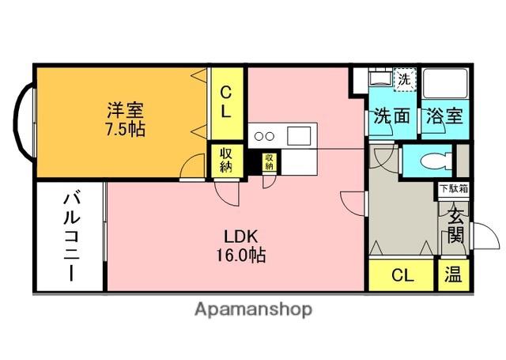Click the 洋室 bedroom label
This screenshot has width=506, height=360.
tap(125, 111)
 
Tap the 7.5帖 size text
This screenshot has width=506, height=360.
tap(125, 129)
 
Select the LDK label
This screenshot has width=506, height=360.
tap(241, 237)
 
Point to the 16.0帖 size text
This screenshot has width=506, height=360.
tap(240, 255)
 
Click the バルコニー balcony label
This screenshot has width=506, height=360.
tap(71, 237)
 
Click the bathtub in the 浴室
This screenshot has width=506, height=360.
tap(445, 83)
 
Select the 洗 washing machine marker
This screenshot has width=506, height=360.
tap(404, 79)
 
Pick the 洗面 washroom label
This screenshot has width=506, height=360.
tap(392, 116)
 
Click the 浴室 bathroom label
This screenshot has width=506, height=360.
tap(444, 116)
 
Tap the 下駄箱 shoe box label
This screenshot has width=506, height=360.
tap(454, 189)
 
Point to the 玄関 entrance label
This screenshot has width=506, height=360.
tap(455, 225)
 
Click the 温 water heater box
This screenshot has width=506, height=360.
tap(453, 275)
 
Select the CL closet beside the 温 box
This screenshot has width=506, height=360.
tap(401, 275)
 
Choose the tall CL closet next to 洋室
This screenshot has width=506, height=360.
tap(227, 104)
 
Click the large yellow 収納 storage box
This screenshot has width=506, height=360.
tap(227, 161)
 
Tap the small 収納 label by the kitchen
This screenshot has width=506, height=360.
tap(269, 161)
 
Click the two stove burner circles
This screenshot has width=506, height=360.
tap(264, 136)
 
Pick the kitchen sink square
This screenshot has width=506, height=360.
tap(299, 135)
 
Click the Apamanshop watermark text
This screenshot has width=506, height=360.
tap(253, 309)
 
